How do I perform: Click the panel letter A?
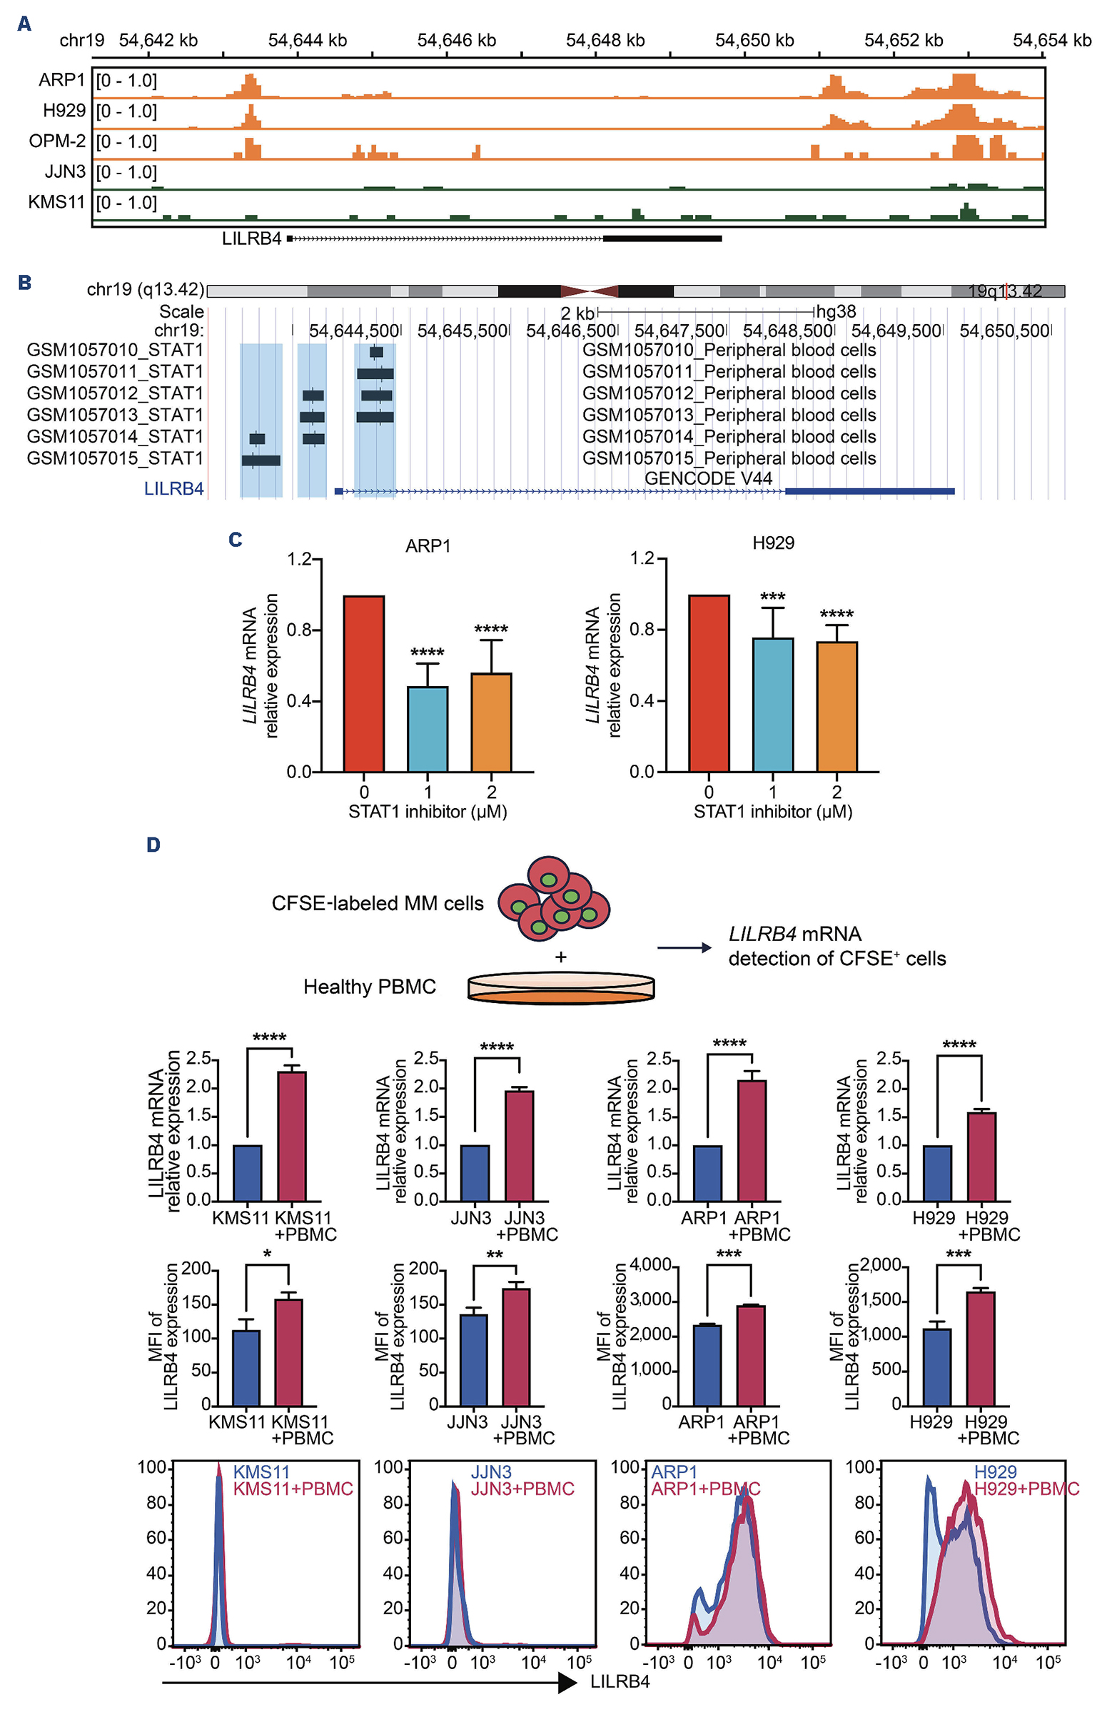click(24, 24)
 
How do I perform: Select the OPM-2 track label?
click(57, 141)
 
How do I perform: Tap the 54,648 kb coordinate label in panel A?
click(605, 40)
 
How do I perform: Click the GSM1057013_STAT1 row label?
click(115, 415)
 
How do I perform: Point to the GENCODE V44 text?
click(708, 478)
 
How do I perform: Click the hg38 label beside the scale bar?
click(835, 311)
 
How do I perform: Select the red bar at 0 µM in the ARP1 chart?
click(364, 683)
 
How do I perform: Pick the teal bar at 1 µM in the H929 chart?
click(773, 704)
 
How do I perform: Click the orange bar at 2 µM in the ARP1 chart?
click(491, 722)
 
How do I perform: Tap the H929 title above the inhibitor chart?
click(773, 543)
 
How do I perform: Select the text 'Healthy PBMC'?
click(370, 987)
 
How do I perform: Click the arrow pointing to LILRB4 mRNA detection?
click(684, 947)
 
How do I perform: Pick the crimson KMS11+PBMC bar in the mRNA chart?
click(292, 1135)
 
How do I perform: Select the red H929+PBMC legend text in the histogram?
click(1026, 1489)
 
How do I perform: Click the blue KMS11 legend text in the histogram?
click(261, 1472)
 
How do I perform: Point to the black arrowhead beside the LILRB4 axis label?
click(567, 1682)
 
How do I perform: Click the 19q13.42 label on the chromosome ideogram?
click(1005, 291)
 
